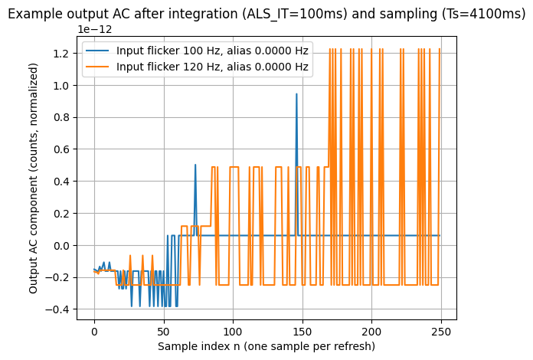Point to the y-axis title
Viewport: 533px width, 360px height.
(34, 178)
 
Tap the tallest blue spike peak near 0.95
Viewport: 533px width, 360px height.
(296, 94)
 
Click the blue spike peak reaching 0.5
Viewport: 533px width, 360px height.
(195, 165)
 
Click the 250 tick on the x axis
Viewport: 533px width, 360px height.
(441, 332)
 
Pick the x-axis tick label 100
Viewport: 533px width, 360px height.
(233, 332)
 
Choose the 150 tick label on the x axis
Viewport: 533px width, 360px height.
(302, 332)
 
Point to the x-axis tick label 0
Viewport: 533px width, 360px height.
(94, 332)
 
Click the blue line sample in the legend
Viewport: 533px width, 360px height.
(99, 51)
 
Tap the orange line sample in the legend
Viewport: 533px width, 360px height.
(99, 67)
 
